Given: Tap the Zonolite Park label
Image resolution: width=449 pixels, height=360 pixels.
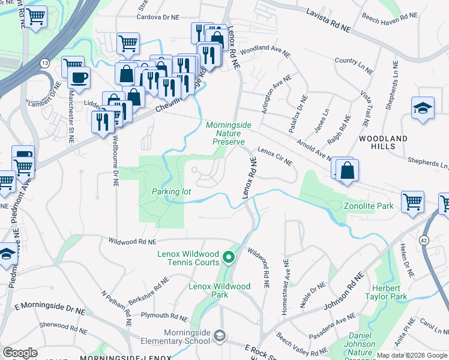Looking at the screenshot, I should (369, 206).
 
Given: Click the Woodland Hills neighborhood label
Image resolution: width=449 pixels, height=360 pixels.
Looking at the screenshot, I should (384, 142).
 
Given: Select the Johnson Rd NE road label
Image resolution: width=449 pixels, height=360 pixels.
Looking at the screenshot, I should (343, 293).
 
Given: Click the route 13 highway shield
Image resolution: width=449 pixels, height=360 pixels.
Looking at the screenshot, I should (45, 62).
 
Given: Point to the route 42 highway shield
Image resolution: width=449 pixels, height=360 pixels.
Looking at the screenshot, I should (424, 224).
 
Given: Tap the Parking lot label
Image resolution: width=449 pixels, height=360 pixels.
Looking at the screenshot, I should (171, 191).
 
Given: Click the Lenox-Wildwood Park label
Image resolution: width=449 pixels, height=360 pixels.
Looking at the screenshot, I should (219, 290).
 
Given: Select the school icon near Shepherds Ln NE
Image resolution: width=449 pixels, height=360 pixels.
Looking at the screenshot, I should (423, 108).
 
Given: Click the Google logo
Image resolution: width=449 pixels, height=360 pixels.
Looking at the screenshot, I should (20, 352).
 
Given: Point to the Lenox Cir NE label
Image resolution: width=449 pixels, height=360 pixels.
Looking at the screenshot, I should (274, 157).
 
